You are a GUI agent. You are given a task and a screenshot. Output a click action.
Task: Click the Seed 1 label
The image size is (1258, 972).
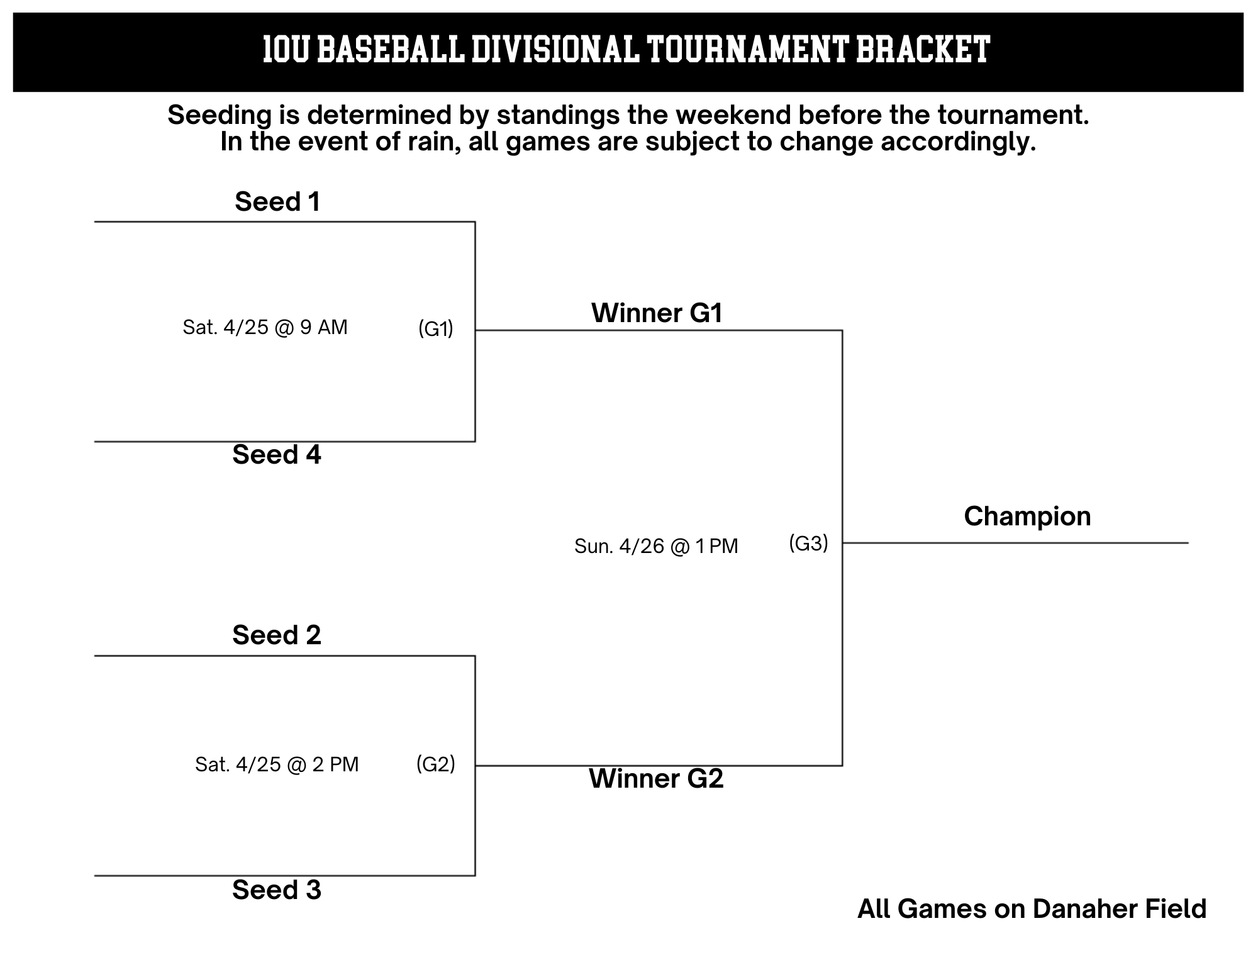pos(277,202)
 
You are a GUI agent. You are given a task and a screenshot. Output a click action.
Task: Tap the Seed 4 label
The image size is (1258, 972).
pos(277,455)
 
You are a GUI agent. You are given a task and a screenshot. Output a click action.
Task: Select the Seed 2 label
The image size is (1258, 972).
pos(277,635)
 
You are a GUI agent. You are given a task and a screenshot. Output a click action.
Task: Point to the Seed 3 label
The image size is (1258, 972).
pos(277,890)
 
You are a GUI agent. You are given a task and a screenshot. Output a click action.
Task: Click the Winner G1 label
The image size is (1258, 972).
pos(657,313)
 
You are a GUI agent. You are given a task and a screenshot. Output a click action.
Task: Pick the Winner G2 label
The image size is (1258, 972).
pos(656,779)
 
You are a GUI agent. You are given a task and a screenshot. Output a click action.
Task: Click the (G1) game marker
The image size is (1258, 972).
pos(436,328)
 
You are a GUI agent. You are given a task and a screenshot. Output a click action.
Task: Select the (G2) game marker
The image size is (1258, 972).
pos(436,764)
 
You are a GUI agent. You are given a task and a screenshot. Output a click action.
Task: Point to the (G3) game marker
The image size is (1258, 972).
pos(809,543)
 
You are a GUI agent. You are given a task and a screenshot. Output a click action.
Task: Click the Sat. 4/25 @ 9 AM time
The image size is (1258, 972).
pos(265,327)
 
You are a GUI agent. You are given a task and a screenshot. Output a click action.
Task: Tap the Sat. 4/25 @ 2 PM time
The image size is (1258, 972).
pos(277,764)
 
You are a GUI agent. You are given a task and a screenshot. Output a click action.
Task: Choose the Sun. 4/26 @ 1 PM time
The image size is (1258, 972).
pos(656,546)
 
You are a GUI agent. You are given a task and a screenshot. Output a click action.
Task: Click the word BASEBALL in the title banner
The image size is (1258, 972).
pos(391,50)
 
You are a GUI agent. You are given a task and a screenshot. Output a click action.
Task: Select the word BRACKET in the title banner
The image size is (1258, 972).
pos(923,50)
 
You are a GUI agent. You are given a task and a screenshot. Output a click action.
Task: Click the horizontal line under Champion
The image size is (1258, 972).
pos(1015,543)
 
